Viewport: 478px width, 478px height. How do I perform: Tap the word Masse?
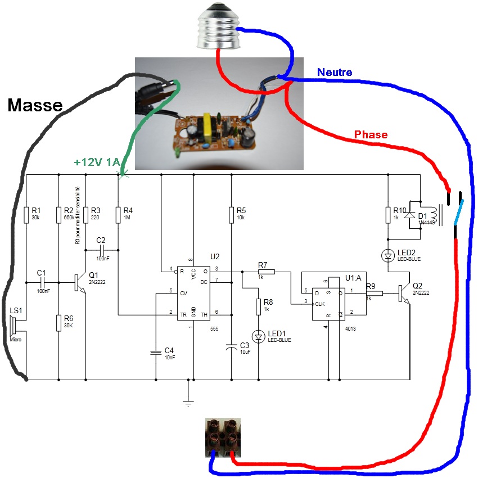pyautogui.click(x=35, y=105)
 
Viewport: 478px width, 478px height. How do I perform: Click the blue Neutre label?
pyautogui.click(x=335, y=72)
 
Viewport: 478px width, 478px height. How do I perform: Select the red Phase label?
pyautogui.click(x=371, y=134)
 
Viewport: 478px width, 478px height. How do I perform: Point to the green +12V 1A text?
pyautogui.click(x=97, y=163)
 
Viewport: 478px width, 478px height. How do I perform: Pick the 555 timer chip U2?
pyautogui.click(x=193, y=292)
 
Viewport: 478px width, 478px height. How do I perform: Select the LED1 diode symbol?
pyautogui.click(x=258, y=336)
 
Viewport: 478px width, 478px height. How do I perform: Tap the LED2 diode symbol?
pyautogui.click(x=387, y=256)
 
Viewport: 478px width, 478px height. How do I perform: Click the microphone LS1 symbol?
pyautogui.click(x=14, y=327)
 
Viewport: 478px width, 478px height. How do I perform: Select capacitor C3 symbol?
pyautogui.click(x=231, y=348)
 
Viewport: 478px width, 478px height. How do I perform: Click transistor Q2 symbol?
pyautogui.click(x=404, y=293)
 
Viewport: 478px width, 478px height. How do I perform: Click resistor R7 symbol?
pyautogui.click(x=267, y=272)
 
